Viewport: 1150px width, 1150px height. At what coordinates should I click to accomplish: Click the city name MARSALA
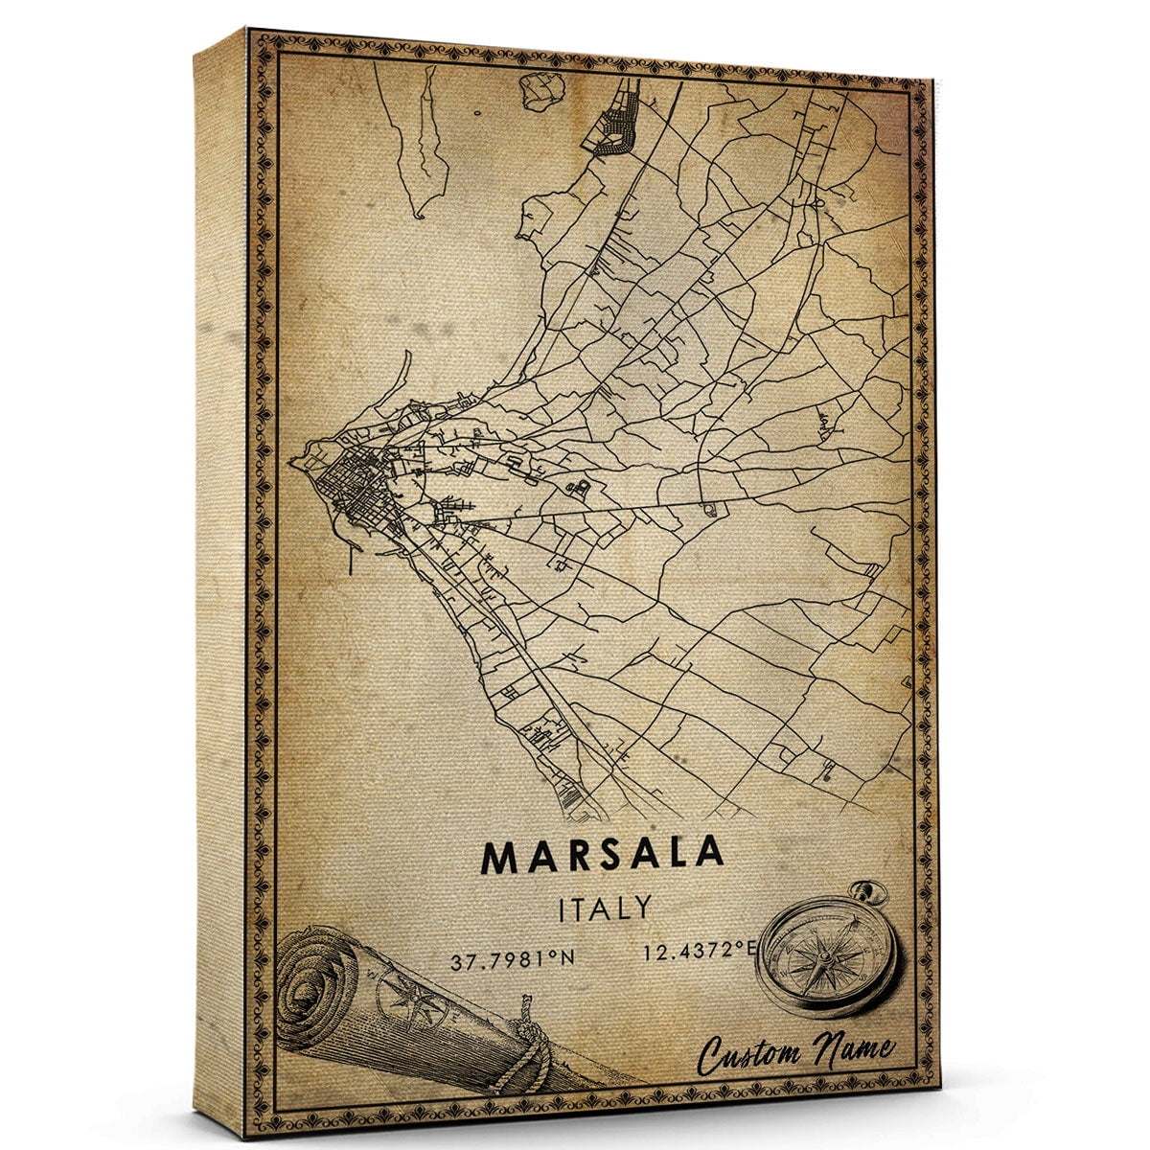click(603, 857)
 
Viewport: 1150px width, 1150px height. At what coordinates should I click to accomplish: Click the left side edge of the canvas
click(220, 575)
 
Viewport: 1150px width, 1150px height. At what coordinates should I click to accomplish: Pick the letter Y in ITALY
click(642, 907)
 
